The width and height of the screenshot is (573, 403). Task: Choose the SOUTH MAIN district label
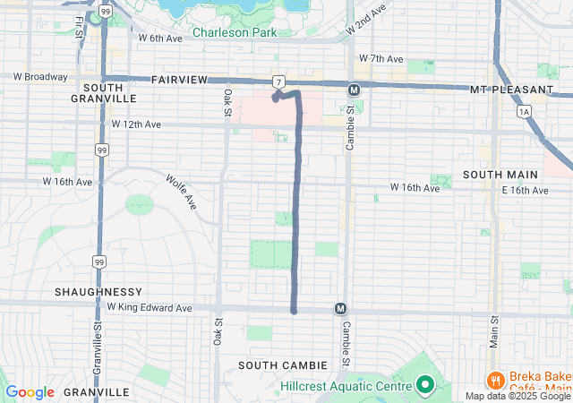(500, 174)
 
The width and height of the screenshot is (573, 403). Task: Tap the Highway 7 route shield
(280, 81)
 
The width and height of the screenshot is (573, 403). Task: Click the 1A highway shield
(524, 110)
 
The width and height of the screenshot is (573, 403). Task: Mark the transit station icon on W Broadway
(354, 90)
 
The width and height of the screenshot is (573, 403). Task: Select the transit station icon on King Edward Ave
(340, 308)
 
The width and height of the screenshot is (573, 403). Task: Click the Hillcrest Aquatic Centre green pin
(425, 386)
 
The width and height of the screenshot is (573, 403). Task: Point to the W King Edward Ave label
(150, 307)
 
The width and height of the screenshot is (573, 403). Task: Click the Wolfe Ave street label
(180, 191)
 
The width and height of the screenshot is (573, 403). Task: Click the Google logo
(30, 392)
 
